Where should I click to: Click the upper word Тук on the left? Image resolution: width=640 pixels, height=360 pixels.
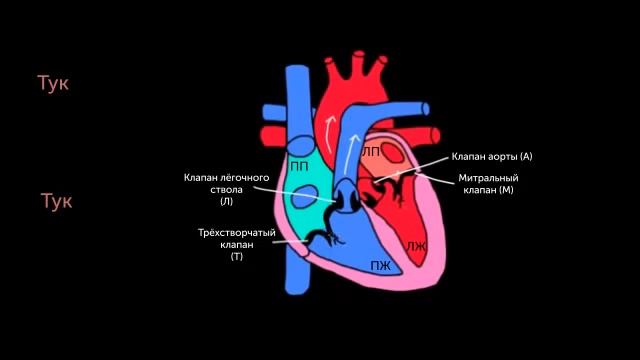52,83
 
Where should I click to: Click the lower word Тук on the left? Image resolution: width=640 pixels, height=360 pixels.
56,201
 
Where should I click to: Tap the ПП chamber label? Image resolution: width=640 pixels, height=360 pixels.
298,165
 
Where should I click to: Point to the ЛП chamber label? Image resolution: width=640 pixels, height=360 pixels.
370,151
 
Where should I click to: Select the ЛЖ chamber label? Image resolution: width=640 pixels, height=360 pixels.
416,245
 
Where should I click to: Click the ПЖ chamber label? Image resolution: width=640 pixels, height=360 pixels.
380,265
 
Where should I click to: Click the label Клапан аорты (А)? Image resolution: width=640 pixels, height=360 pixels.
492,156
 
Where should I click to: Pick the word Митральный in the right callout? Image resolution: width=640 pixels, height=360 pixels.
487,177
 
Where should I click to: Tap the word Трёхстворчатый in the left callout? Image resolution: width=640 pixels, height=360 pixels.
237,233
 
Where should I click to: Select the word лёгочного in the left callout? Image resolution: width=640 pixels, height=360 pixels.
246,178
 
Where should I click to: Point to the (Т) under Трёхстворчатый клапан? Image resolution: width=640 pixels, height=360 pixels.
237,257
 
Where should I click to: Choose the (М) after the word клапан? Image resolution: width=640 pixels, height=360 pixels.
506,189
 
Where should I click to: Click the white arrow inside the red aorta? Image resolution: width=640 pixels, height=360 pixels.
327,126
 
